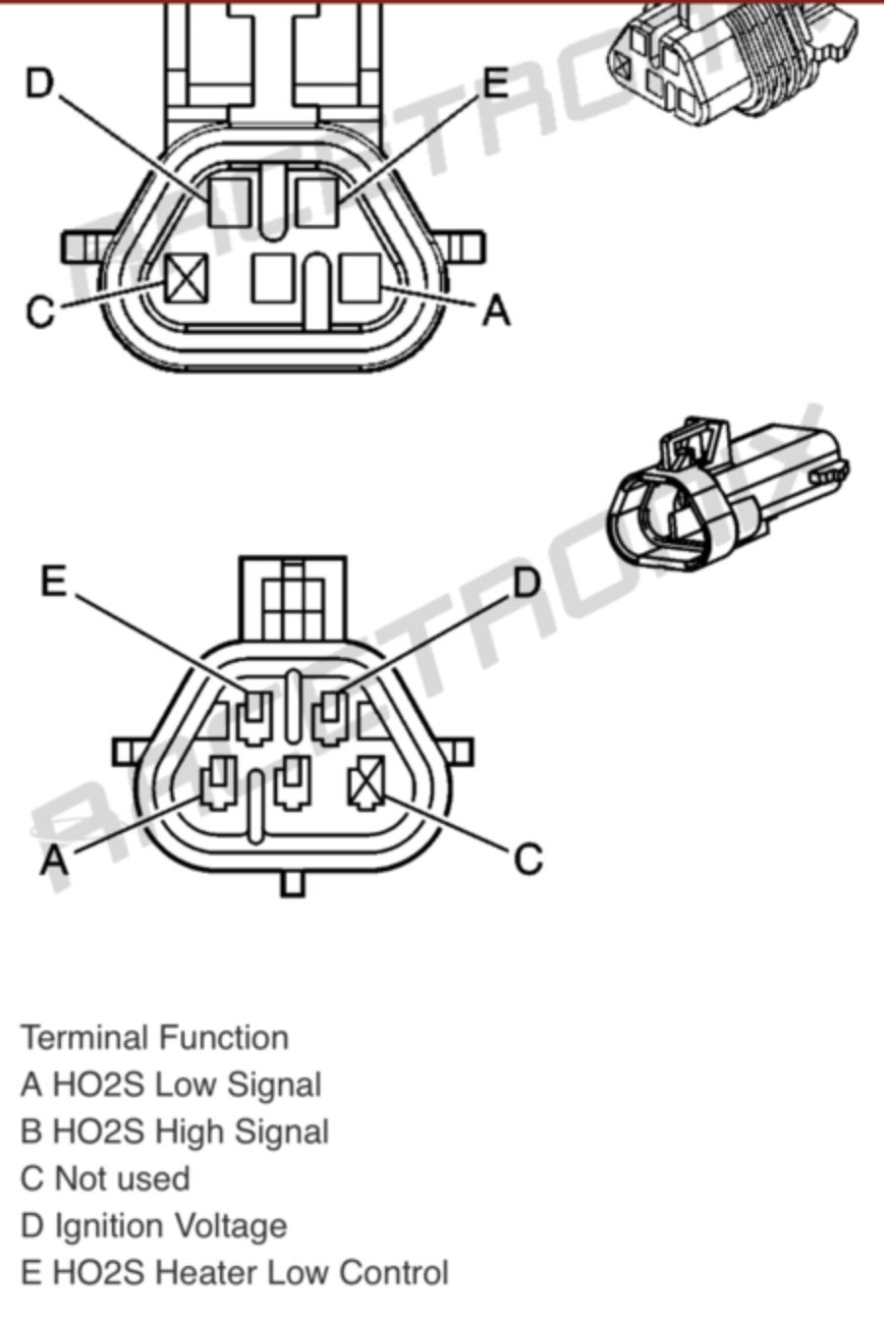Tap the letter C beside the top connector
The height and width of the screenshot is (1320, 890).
pyautogui.click(x=39, y=311)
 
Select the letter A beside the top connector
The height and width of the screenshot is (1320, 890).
pyautogui.click(x=497, y=310)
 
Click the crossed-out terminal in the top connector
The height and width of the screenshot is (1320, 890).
pyautogui.click(x=187, y=279)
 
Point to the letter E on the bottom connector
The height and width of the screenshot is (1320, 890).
pyautogui.click(x=53, y=582)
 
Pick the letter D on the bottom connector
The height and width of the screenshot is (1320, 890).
pyautogui.click(x=528, y=583)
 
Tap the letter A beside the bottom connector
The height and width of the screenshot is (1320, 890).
pyautogui.click(x=54, y=860)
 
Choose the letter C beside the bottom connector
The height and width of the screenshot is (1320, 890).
pyautogui.click(x=528, y=859)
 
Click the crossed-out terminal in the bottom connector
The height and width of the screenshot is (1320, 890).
pyautogui.click(x=367, y=784)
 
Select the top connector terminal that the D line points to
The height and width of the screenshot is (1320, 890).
pyautogui.click(x=229, y=200)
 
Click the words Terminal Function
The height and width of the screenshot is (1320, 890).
pyautogui.click(x=155, y=1038)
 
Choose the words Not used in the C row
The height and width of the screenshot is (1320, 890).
pyautogui.click(x=122, y=1180)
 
